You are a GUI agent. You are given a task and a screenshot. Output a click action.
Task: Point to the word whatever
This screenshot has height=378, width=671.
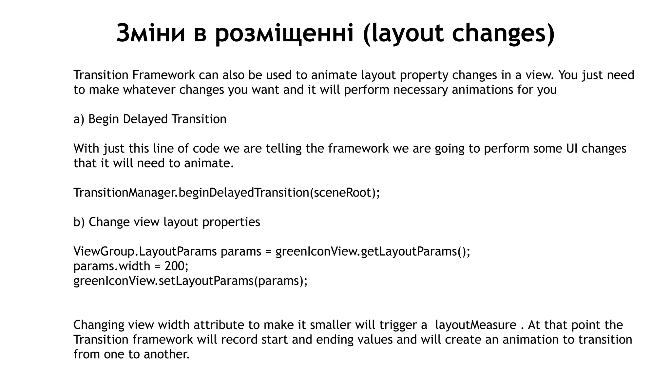150,90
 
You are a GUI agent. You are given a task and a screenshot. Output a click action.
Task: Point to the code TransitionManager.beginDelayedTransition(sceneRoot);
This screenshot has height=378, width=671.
226,193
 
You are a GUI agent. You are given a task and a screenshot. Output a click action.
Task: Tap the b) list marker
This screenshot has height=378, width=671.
79,222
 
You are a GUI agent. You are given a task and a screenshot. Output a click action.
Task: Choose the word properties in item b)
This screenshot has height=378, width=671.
231,222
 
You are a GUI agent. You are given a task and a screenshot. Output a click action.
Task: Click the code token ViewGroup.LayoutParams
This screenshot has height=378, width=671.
145,252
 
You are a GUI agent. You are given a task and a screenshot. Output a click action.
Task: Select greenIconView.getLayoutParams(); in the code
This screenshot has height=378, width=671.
373,252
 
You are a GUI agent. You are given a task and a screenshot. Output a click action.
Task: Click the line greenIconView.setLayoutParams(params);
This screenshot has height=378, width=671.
190,281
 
